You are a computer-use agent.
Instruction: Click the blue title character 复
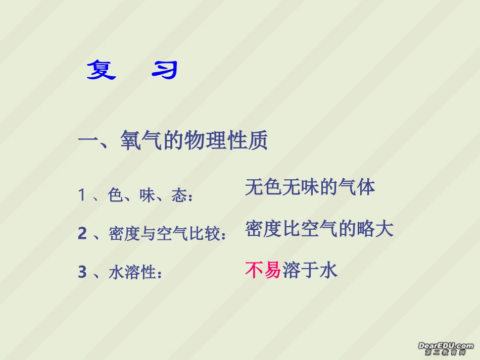[x=101, y=70]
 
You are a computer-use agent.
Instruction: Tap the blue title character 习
[x=165, y=71]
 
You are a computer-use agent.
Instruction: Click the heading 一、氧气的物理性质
[x=172, y=141]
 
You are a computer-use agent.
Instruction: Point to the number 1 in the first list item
[x=82, y=195]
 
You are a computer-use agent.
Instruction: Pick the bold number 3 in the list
[x=82, y=273]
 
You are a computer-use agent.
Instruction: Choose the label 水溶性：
[x=135, y=273]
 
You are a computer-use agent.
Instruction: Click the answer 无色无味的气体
[x=310, y=187]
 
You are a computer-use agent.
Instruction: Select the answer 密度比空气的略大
[x=319, y=229]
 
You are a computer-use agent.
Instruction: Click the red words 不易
[x=263, y=271]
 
